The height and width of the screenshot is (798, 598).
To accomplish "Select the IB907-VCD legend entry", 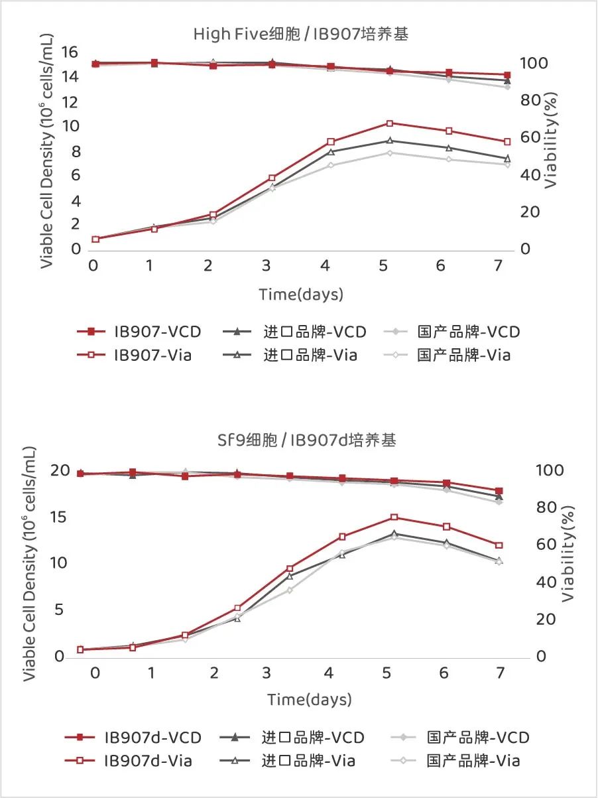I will pos(139,331).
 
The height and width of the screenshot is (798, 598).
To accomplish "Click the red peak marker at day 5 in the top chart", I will pos(390,123).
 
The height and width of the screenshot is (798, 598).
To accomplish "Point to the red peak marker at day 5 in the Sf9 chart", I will pos(394,517).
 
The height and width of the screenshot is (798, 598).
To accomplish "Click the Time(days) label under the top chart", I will pos(301,294).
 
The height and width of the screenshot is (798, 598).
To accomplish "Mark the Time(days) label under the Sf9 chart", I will pos(310,699).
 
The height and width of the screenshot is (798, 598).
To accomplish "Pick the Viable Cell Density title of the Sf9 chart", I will pos(30,564).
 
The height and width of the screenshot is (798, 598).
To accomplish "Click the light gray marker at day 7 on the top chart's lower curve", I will pos(507,165).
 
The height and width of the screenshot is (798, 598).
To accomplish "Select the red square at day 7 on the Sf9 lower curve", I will pos(499,545).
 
